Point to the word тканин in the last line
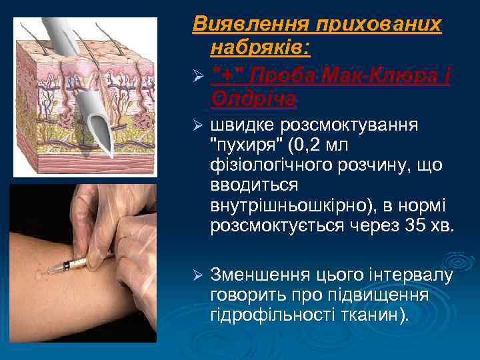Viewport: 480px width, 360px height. coord(379,315)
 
